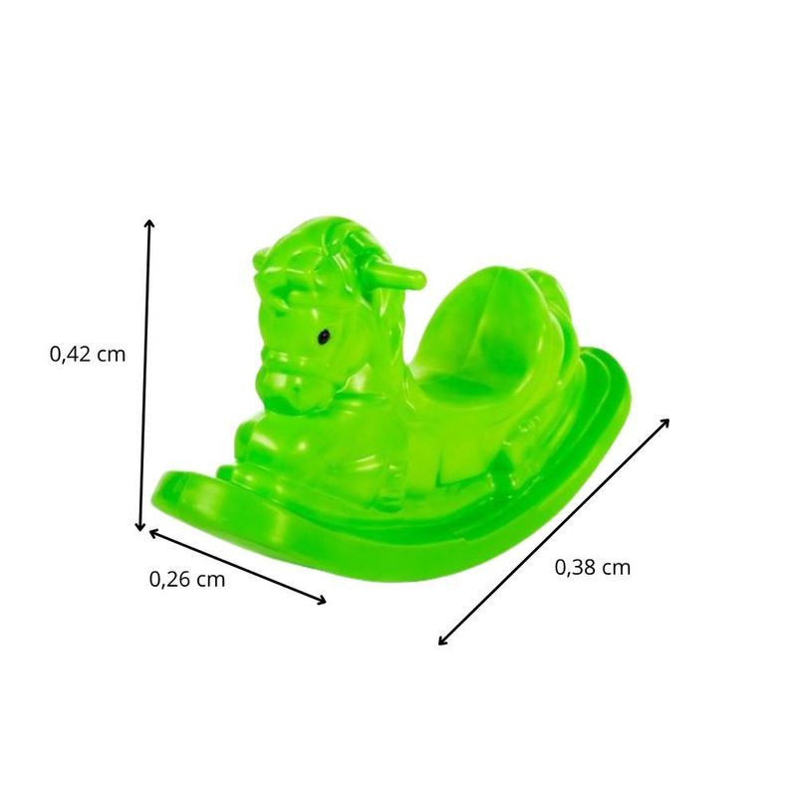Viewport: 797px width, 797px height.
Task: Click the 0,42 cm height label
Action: [x=88, y=353]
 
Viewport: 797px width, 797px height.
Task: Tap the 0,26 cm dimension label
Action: [x=187, y=579]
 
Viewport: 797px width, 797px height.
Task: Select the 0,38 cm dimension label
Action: [x=592, y=568]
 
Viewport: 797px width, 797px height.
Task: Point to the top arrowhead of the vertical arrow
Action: [x=149, y=223]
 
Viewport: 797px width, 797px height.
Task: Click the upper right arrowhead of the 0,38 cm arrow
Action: [x=664, y=421]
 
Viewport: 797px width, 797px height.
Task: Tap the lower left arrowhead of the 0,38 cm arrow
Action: [x=442, y=643]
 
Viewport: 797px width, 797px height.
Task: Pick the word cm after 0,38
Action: [x=616, y=568]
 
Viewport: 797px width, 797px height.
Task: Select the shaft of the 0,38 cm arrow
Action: [x=553, y=532]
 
